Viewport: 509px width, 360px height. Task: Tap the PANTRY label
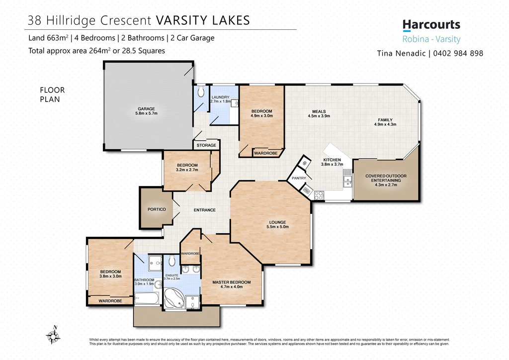coord(299,178)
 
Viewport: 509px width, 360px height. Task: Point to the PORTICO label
coord(157,209)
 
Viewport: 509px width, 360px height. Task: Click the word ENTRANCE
coord(204,210)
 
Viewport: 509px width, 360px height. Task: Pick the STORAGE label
coord(206,145)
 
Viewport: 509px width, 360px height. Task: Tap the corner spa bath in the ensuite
coord(174,298)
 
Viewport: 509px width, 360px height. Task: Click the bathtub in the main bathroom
coord(147,298)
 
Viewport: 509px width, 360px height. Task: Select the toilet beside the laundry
coord(201,91)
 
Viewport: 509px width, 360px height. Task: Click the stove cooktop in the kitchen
coord(319,195)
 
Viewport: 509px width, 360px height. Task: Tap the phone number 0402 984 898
coord(458,53)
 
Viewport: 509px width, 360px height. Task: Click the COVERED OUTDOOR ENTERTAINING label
coord(386,180)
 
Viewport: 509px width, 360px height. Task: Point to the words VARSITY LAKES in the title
coord(203,20)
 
